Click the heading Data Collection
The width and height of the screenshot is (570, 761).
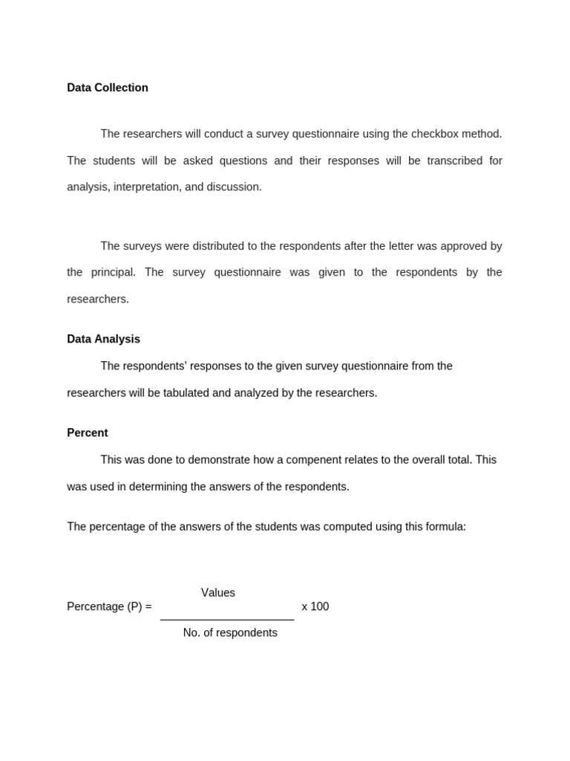pyautogui.click(x=108, y=88)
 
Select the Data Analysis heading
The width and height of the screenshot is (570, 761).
pyautogui.click(x=103, y=339)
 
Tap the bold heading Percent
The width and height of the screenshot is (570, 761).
pyautogui.click(x=88, y=433)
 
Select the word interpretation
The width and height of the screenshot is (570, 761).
pyautogui.click(x=145, y=187)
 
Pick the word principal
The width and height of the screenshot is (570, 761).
pyautogui.click(x=113, y=272)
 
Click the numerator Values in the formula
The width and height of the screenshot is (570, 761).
pyautogui.click(x=218, y=592)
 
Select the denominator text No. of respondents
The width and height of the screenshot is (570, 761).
pyautogui.click(x=230, y=632)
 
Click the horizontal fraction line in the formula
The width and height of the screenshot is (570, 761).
pyautogui.click(x=227, y=620)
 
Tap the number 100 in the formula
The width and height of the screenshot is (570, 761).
pyautogui.click(x=319, y=606)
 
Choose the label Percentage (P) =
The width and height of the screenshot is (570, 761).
pyautogui.click(x=109, y=606)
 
